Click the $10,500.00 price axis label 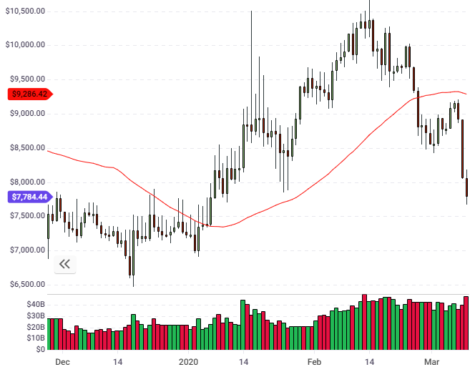pyautogui.click(x=26, y=11)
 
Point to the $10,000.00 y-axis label pyautogui.click(x=26, y=44)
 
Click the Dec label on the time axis pyautogui.click(x=62, y=362)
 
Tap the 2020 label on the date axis pyautogui.click(x=189, y=362)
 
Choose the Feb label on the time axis pyautogui.click(x=314, y=362)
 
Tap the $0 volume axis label pyautogui.click(x=40, y=349)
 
